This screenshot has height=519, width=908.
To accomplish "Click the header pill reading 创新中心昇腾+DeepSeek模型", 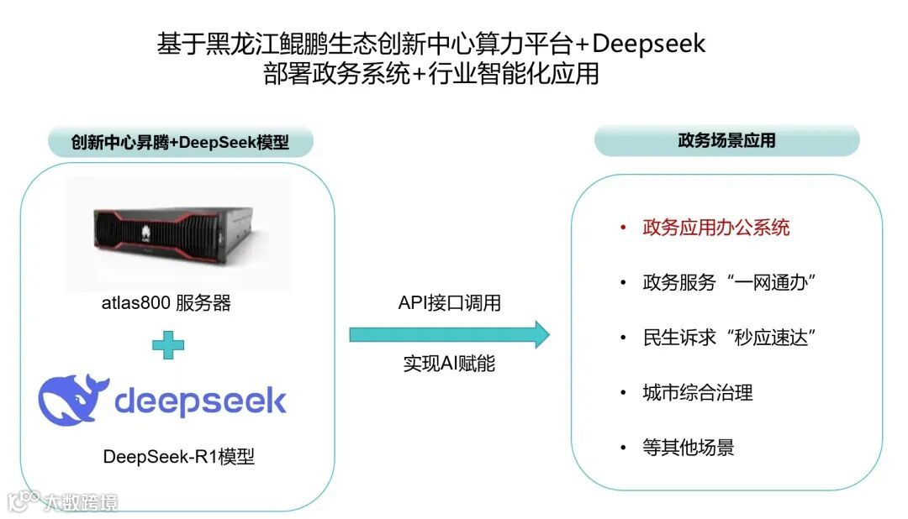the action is coord(180,142).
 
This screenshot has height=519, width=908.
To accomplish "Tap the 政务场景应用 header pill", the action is coord(726,140).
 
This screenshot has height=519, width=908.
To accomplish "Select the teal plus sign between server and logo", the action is coord(168,344).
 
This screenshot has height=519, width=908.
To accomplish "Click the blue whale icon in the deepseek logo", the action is coord(73,400).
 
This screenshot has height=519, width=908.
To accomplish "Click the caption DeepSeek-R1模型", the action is coord(178,457).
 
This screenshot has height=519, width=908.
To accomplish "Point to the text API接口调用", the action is coord(449,303).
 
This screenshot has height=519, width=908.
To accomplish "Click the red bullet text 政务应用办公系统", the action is coord(715,228).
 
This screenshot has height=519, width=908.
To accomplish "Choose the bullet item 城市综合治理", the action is coord(697,392).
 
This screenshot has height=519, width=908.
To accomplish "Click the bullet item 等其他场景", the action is coord(688,448).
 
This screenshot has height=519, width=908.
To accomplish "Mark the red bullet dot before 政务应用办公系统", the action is coord(622,228).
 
